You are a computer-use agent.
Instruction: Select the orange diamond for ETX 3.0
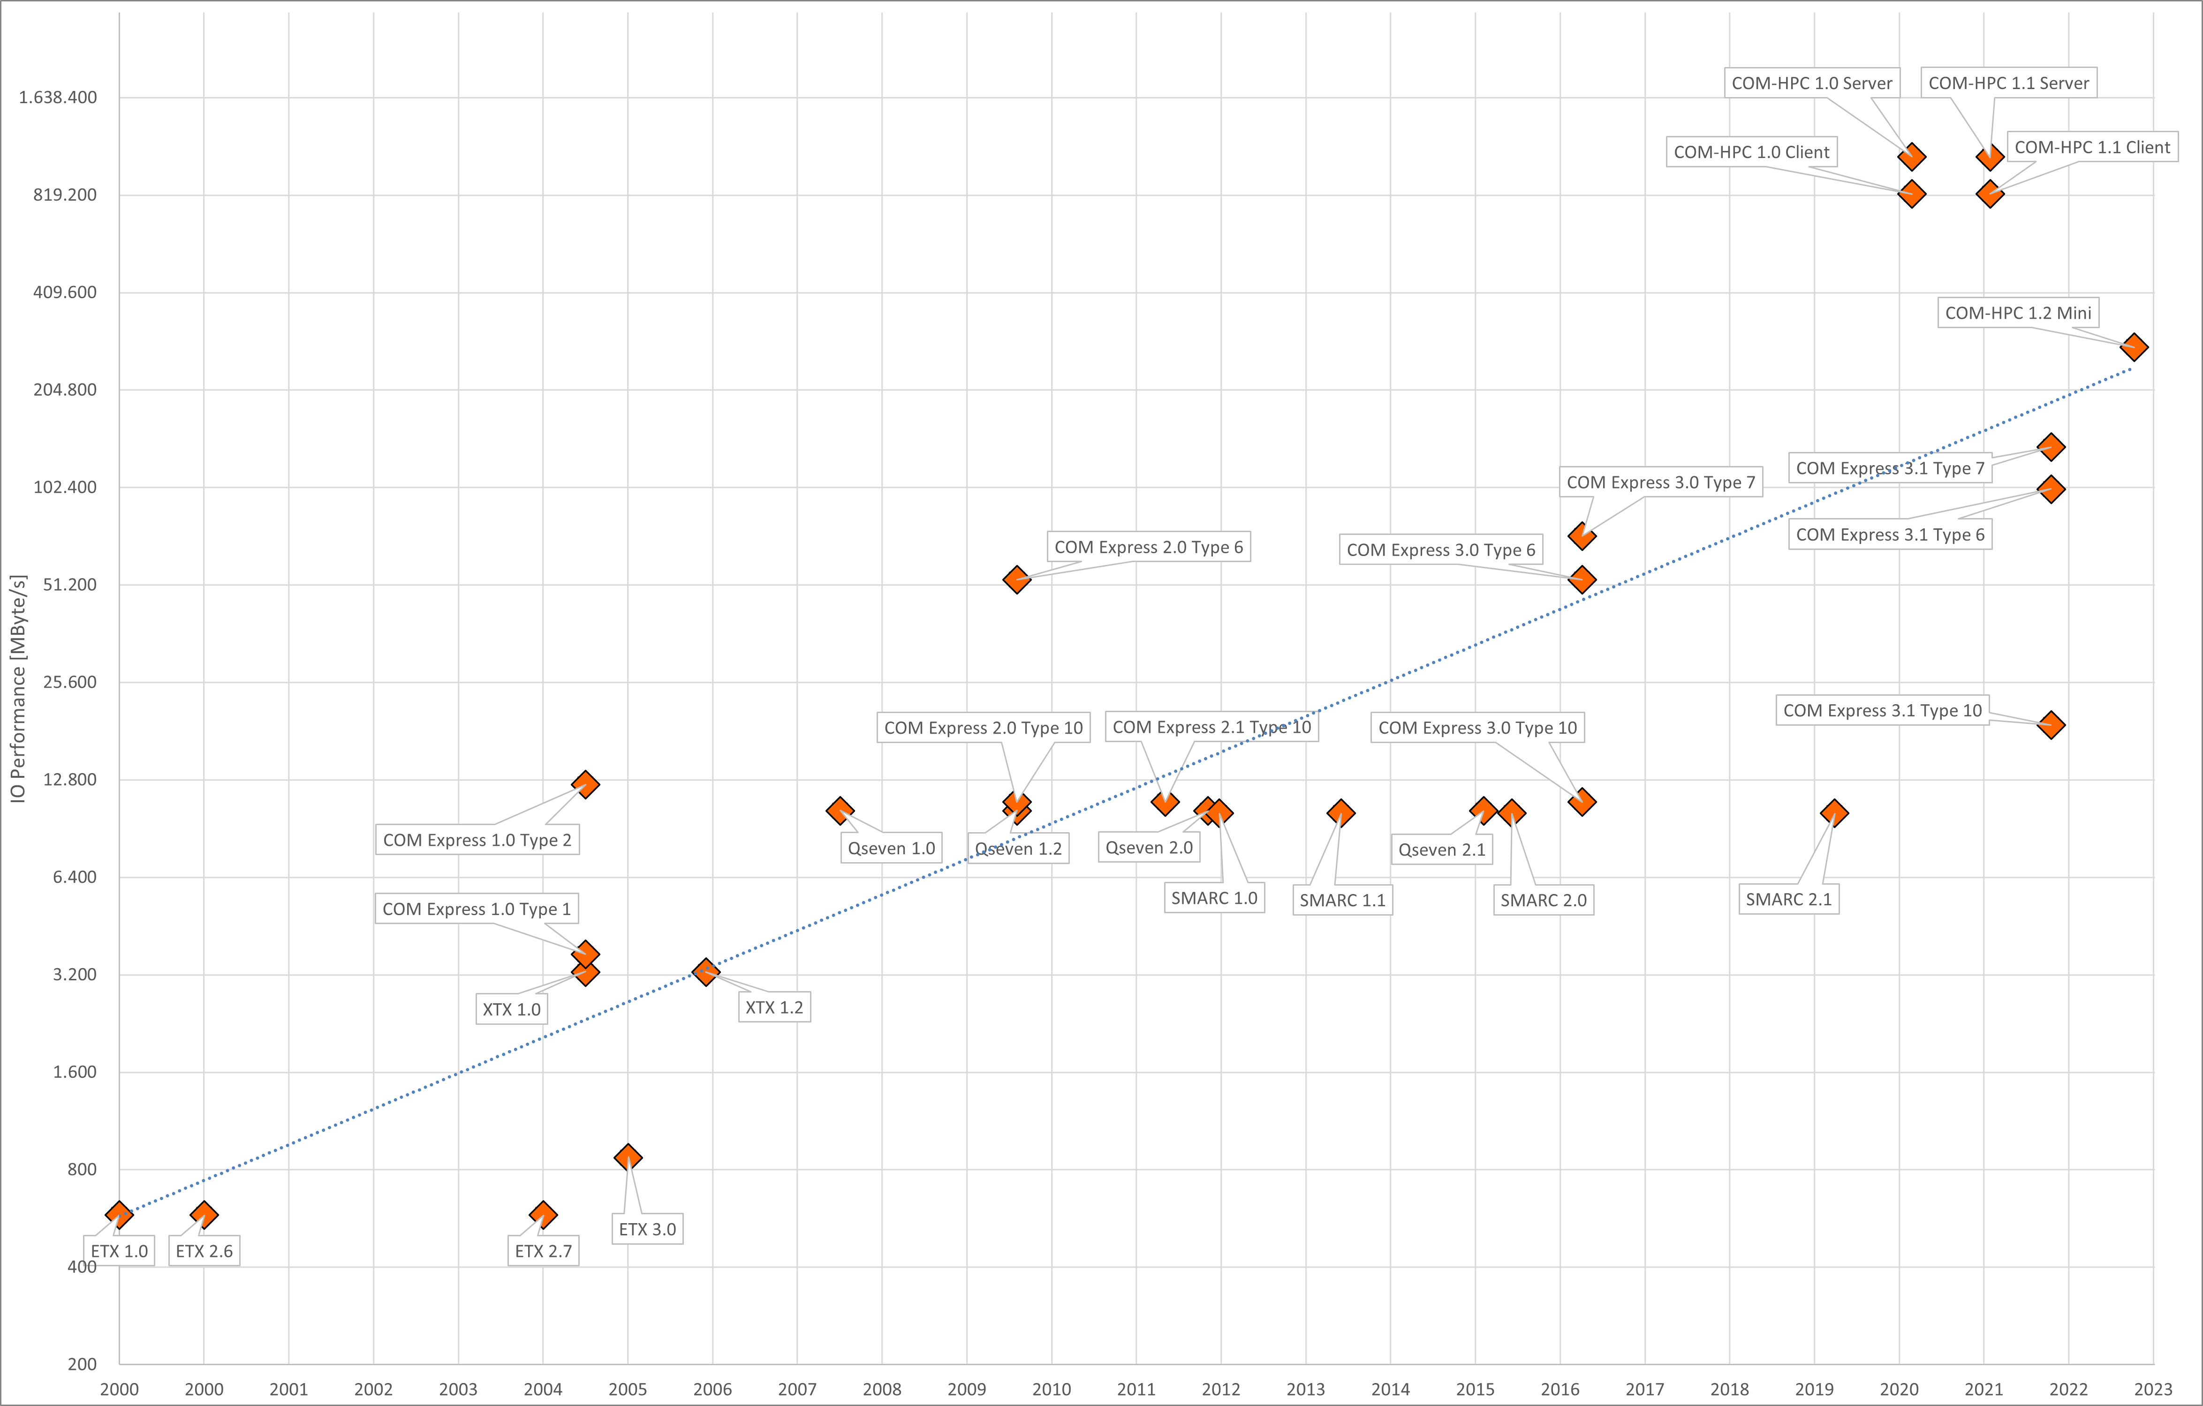pyautogui.click(x=628, y=1157)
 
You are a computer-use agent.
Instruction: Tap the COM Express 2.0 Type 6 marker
pyautogui.click(x=1016, y=579)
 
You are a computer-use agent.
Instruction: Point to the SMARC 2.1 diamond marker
pyautogui.click(x=1833, y=812)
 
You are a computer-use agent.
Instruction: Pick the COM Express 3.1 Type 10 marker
pyautogui.click(x=2051, y=724)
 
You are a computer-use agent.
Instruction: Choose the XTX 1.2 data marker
pyautogui.click(x=705, y=971)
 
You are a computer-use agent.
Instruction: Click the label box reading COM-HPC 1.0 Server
pyautogui.click(x=1811, y=83)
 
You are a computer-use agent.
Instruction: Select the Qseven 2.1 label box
pyautogui.click(x=1442, y=850)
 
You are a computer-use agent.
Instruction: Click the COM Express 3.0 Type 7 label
pyautogui.click(x=1660, y=482)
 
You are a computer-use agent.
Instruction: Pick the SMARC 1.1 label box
pyautogui.click(x=1342, y=900)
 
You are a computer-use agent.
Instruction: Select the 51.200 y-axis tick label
pyautogui.click(x=69, y=585)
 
